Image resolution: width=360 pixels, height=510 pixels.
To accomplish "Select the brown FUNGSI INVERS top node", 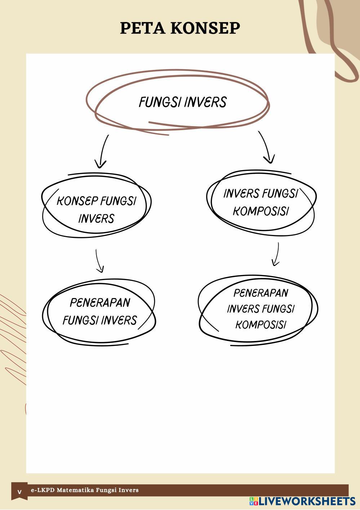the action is click(x=182, y=102).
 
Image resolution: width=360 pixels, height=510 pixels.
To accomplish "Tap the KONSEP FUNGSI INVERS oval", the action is click(x=97, y=209).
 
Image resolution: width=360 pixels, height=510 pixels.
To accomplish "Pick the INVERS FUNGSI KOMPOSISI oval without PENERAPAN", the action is click(x=261, y=202).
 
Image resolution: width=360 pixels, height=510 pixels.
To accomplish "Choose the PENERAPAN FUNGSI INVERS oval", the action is click(x=99, y=311).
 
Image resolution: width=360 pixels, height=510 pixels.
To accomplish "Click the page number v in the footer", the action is click(x=19, y=492).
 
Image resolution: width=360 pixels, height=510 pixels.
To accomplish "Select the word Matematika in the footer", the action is click(x=74, y=490).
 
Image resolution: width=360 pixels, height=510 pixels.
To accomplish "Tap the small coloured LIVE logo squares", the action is click(x=253, y=501).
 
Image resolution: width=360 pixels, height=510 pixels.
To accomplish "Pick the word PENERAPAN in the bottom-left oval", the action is click(x=99, y=303).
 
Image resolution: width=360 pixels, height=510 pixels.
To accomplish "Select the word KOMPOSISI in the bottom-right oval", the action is click(x=261, y=325).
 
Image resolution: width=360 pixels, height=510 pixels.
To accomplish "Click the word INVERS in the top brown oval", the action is click(x=205, y=102).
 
